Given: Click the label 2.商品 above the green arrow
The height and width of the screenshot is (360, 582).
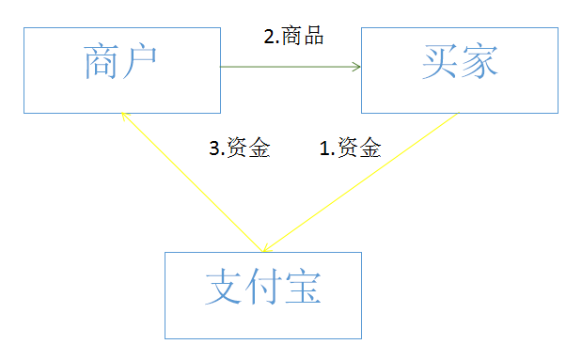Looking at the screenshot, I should tap(293, 37).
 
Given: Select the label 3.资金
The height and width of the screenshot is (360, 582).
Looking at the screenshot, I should tap(239, 148).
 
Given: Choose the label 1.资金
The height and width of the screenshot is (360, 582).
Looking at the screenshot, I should tap(350, 148).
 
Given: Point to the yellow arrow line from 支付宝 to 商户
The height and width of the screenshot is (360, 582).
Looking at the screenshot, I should tap(188, 179).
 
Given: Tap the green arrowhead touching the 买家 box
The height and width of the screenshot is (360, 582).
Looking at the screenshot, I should tap(357, 67).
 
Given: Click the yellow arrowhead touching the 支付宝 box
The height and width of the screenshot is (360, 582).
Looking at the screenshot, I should tap(267, 248).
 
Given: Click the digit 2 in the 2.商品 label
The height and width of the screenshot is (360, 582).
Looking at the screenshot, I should tap(268, 37).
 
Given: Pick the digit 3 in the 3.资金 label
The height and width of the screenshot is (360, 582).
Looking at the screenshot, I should tap(213, 148).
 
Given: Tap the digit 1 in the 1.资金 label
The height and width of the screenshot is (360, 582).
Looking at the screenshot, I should tap(324, 148).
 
